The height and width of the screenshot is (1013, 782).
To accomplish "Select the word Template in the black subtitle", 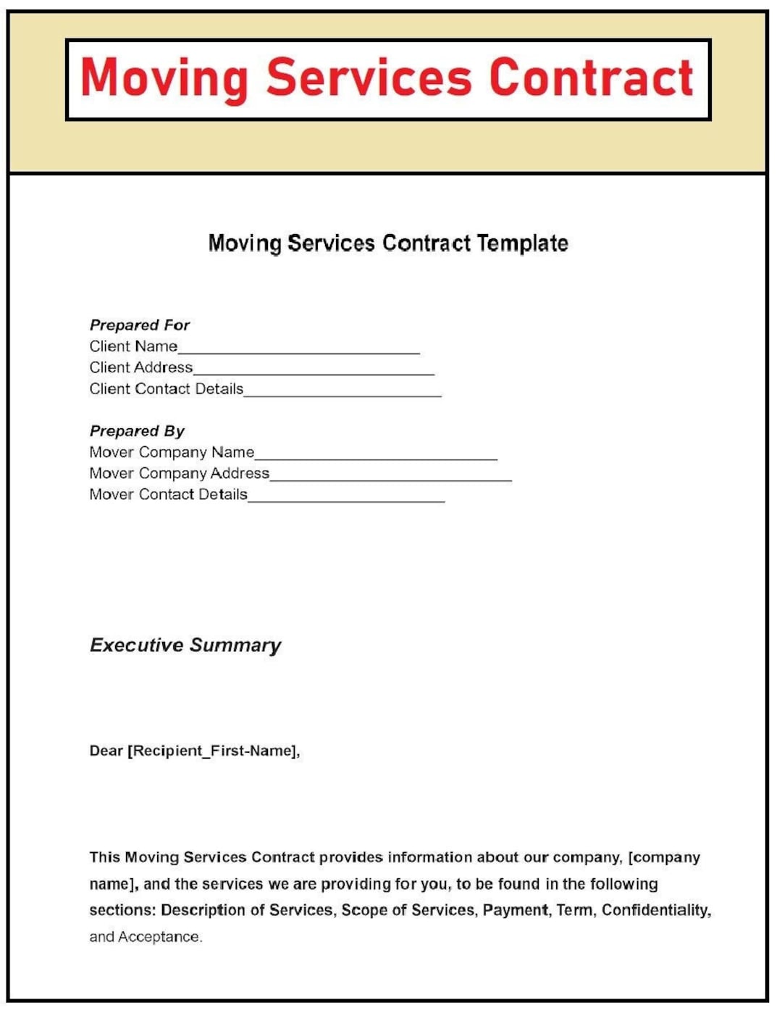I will (522, 243).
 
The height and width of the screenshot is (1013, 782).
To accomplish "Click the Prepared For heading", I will (139, 325).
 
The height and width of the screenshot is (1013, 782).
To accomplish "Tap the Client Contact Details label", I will (166, 389).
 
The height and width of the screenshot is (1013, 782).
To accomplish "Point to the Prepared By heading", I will (137, 431).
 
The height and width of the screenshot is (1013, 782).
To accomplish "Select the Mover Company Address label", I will (179, 473).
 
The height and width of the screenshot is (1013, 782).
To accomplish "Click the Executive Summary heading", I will (185, 645).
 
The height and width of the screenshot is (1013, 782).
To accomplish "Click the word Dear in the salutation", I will (106, 751).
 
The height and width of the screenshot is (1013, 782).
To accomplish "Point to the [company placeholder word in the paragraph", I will (664, 858).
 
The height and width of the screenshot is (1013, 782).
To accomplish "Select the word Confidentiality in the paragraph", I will (656, 910).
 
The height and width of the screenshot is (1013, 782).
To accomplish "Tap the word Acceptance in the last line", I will (159, 937).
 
